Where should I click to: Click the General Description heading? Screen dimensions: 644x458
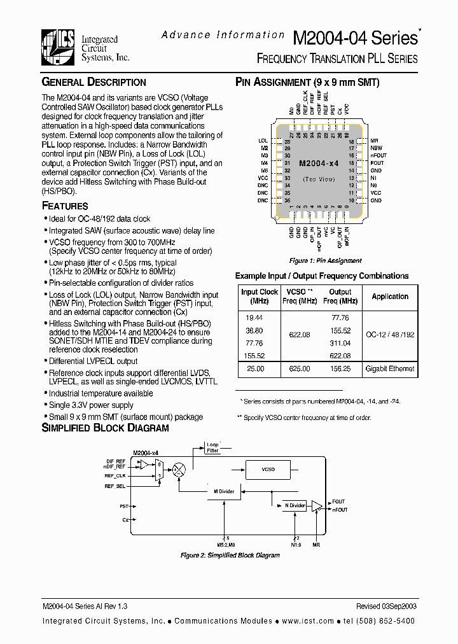pos(94,82)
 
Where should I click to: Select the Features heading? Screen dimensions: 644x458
pos(65,206)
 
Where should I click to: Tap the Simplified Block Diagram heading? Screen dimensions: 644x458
pos(105,428)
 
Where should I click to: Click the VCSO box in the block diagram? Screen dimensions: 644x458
pos(268,469)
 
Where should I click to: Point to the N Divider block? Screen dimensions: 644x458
pos(295,505)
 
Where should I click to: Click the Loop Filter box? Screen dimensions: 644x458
pos(212,447)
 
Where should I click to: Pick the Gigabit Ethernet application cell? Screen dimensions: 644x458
pos(390,368)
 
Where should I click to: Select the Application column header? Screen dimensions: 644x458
pos(390,297)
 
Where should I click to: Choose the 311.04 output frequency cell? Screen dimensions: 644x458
pos(340,343)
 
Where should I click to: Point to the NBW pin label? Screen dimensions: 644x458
pos(377,148)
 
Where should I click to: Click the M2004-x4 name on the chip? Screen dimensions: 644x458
pos(318,164)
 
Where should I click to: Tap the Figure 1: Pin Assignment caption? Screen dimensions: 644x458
pos(326,261)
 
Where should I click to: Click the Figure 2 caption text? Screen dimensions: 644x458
pos(230,556)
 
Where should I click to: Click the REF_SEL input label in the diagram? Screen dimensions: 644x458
pos(114,486)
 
